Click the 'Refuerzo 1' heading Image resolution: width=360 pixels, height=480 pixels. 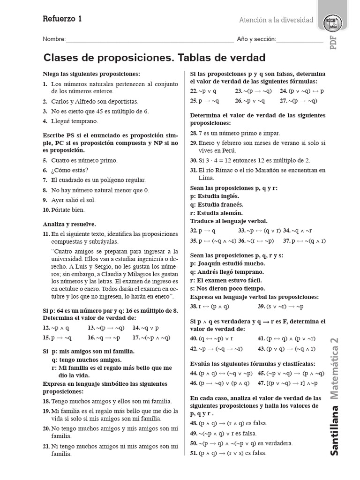point(62,19)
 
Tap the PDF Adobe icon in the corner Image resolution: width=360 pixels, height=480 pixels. point(333,22)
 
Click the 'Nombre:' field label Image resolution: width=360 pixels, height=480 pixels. point(54,39)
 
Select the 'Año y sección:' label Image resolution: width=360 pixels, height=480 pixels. point(256,39)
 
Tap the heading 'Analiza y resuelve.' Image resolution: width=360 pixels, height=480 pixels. point(69,224)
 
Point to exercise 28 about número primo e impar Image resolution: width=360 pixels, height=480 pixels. point(235,133)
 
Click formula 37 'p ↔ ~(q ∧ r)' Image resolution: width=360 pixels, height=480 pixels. point(304,241)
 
